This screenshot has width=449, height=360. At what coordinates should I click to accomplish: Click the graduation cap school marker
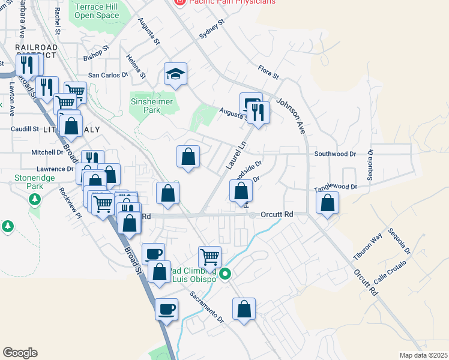pyautogui.click(x=176, y=74)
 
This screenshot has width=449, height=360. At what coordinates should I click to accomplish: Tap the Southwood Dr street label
pyautogui.click(x=335, y=154)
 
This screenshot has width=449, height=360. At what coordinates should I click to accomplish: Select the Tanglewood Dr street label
pyautogui.click(x=336, y=187)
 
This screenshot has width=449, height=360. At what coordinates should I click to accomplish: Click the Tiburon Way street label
pyautogui.click(x=367, y=247)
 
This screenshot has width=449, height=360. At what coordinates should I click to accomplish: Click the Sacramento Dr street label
pyautogui.click(x=206, y=306)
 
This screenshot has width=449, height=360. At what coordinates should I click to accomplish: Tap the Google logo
pyautogui.click(x=20, y=353)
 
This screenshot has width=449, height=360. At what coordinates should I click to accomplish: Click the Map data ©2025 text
pyautogui.click(x=423, y=355)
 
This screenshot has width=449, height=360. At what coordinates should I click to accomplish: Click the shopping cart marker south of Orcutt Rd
pyautogui.click(x=209, y=257)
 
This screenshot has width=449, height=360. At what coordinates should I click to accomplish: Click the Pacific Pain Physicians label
pyautogui.click(x=232, y=2)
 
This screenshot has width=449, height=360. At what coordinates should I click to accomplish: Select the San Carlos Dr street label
pyautogui.click(x=109, y=75)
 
